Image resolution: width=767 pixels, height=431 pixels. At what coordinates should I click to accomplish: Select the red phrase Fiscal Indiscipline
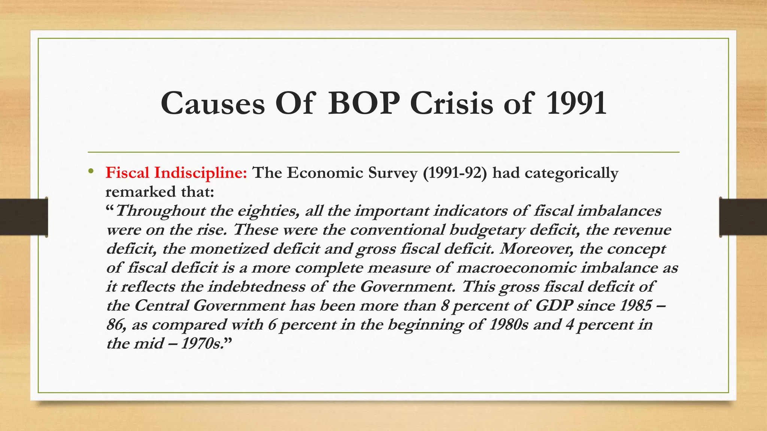(176, 173)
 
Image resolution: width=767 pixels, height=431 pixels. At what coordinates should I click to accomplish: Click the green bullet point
(91, 172)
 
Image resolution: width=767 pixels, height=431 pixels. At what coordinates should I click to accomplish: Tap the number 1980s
(508, 325)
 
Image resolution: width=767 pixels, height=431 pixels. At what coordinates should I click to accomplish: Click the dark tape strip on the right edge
(743, 217)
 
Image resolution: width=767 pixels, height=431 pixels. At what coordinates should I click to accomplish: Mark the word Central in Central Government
(161, 306)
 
